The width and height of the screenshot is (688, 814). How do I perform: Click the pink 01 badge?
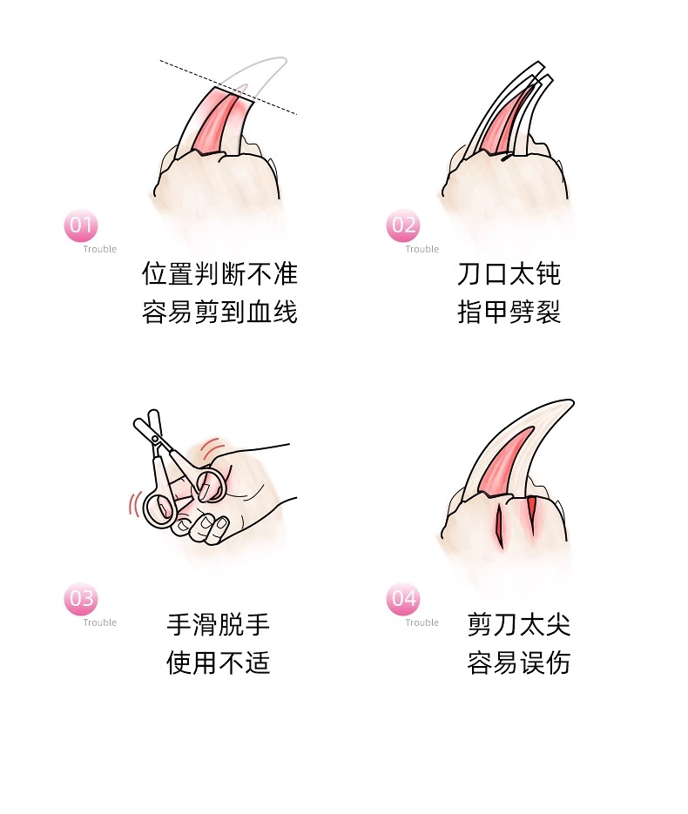click(x=80, y=225)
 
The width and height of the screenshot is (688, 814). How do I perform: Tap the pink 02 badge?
click(x=403, y=225)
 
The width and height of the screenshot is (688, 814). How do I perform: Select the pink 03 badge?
click(x=80, y=599)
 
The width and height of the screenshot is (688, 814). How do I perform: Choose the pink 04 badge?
click(x=403, y=599)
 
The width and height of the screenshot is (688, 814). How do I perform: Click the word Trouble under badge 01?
click(x=99, y=249)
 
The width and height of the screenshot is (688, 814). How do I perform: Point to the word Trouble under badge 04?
click(x=422, y=622)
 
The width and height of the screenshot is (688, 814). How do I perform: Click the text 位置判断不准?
click(x=219, y=273)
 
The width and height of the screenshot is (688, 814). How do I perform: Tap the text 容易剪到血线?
click(x=219, y=312)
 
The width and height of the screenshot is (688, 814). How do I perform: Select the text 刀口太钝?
click(x=509, y=273)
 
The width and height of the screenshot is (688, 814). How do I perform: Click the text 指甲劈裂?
click(x=509, y=312)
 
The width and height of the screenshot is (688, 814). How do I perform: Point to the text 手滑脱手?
click(x=218, y=624)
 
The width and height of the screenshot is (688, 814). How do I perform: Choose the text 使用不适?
click(x=218, y=663)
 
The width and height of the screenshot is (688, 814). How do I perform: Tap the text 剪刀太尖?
click(x=519, y=624)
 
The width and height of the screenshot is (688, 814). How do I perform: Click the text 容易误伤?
click(x=519, y=663)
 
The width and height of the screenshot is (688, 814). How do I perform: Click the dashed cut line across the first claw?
click(x=228, y=87)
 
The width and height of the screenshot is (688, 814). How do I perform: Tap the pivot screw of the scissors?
click(x=155, y=440)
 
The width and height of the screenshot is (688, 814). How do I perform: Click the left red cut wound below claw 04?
click(x=500, y=526)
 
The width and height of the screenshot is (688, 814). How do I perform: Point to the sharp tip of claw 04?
click(x=573, y=400)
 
